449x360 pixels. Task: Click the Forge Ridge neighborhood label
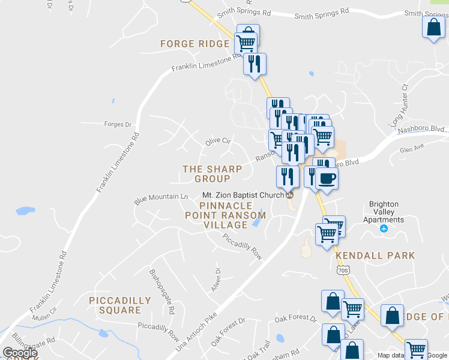pos(194,44)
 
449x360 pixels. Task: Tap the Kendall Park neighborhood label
pos(375,256)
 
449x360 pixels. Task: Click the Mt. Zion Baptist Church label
pos(243,195)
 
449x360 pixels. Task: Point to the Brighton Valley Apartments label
pos(387,212)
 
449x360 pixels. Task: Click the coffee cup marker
pos(327,178)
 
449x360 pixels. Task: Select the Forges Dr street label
pos(118,124)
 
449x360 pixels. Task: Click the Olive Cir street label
pos(218,142)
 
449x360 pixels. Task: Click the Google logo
pos(20,353)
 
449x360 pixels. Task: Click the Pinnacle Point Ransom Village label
pos(225,215)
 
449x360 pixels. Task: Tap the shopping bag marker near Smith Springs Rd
pos(433,27)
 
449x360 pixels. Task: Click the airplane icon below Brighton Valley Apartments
pos(384,229)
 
